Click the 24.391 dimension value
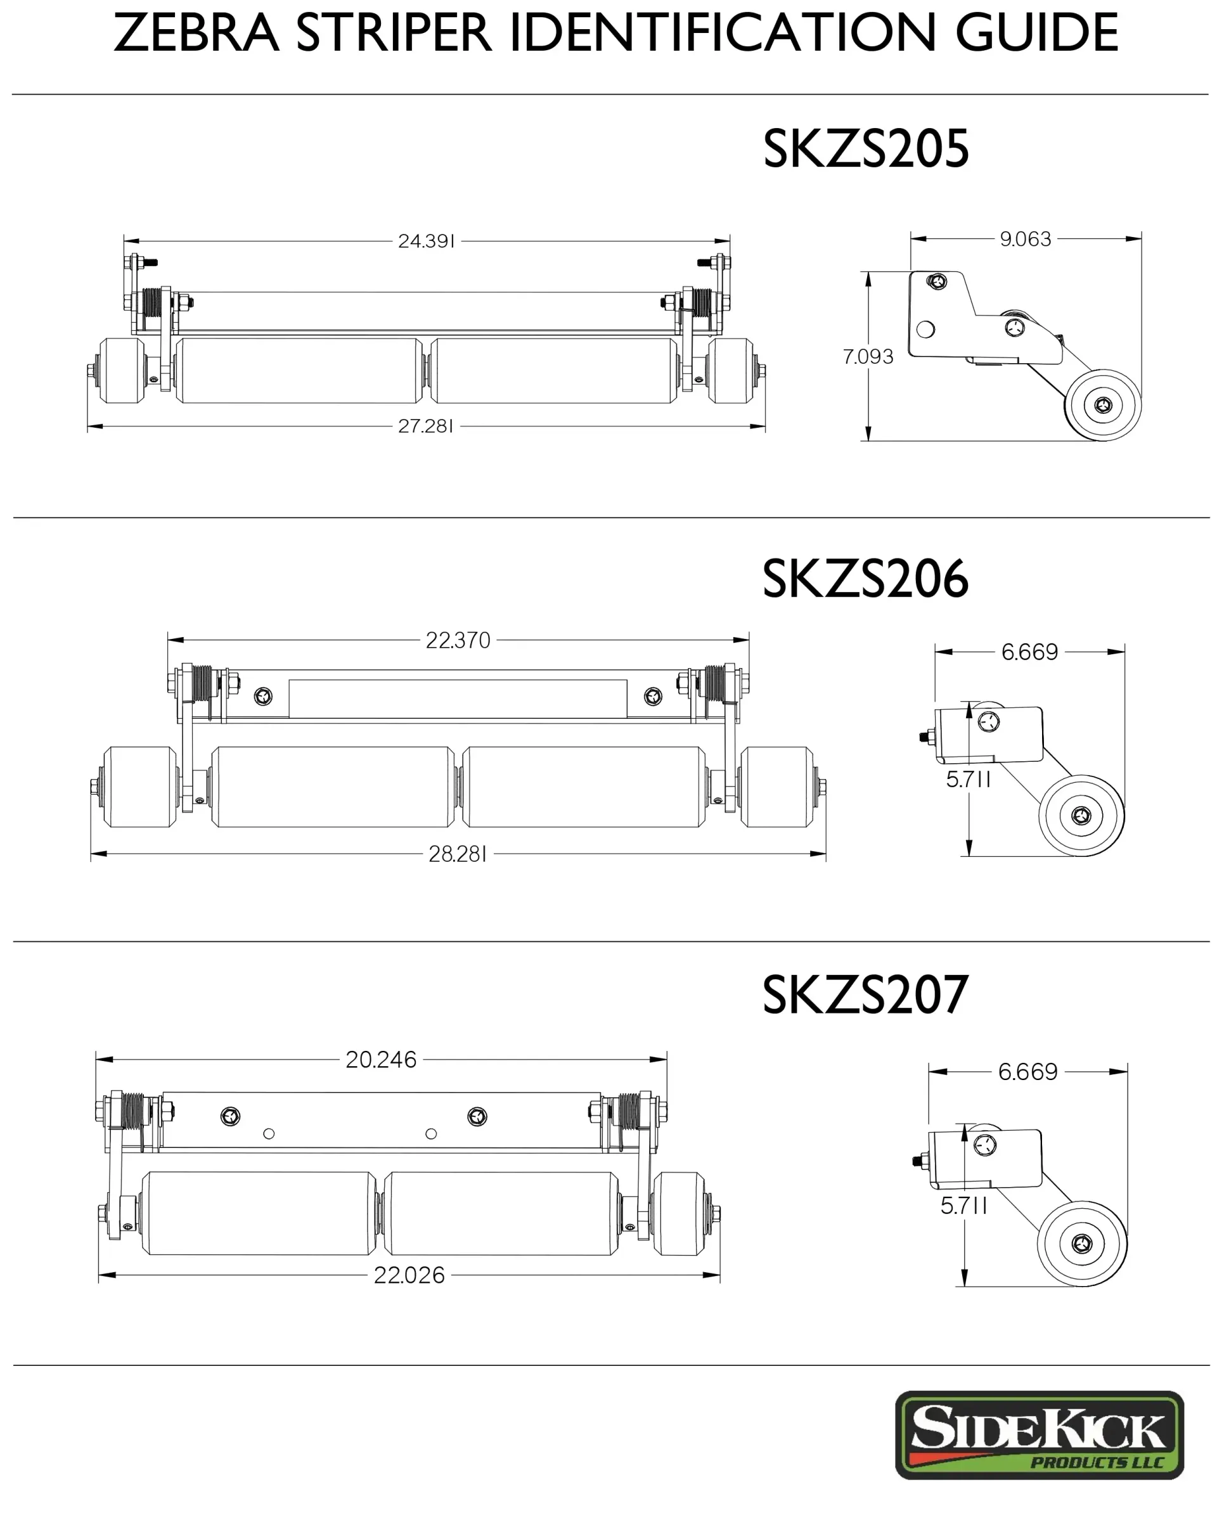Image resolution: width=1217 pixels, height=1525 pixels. point(426,241)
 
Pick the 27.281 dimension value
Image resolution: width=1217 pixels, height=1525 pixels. point(425,426)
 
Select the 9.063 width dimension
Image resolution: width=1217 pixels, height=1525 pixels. point(1025,239)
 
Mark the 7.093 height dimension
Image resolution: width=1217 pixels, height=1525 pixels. point(868,356)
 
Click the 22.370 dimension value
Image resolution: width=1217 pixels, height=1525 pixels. point(458,640)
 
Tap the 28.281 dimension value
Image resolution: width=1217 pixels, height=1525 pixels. point(458,854)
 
